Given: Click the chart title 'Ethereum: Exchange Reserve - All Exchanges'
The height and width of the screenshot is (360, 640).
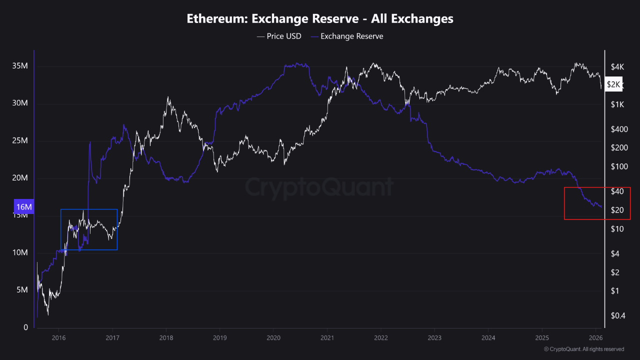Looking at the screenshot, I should pos(320,19).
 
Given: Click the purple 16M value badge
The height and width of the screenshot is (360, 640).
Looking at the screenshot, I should pos(23,207).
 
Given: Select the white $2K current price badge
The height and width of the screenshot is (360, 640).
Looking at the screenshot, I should pos(613,84).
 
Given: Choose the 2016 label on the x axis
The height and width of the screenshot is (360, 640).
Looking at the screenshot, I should pos(58,338).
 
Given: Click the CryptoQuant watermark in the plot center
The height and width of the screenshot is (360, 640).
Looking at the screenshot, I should pos(319,188).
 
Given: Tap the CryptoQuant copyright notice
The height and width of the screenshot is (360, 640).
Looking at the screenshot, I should pos(583,349).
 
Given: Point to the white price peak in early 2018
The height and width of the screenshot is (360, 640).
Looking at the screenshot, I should pos(168,97).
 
